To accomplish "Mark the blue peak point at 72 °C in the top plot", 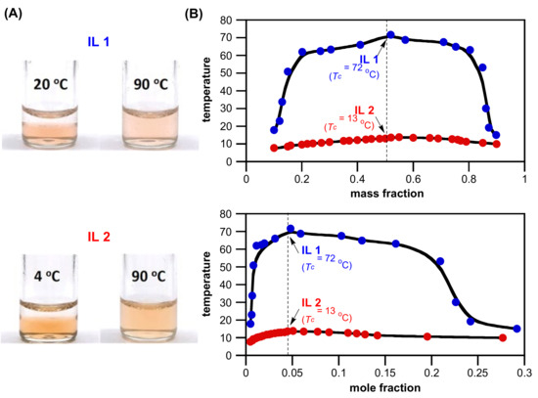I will coord(390,35).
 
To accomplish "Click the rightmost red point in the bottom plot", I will coord(503,337).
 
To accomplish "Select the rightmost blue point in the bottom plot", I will coord(516,329).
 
